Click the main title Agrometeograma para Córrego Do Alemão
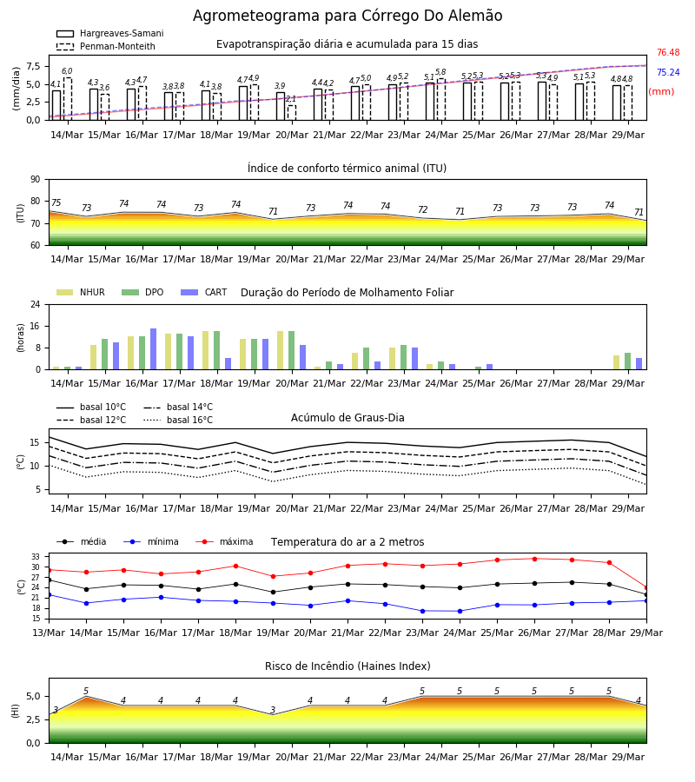tap(347, 16)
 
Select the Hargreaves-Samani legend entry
tap(109, 33)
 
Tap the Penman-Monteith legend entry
tap(106, 46)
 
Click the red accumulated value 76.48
tap(668, 52)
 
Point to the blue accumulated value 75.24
tap(668, 72)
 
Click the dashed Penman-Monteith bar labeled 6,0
tap(67, 99)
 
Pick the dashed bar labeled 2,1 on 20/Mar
tap(292, 113)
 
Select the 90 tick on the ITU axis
tap(36, 180)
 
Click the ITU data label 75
tap(56, 202)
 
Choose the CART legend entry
tap(203, 292)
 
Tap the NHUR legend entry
tap(80, 292)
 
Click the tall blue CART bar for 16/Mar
tap(153, 349)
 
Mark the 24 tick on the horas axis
tap(36, 304)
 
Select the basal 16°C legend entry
tap(177, 420)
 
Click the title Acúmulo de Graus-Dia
tap(347, 418)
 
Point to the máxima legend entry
tap(224, 541)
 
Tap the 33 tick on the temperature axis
tap(36, 557)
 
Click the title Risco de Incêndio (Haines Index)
tap(347, 666)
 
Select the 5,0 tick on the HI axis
tap(33, 696)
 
